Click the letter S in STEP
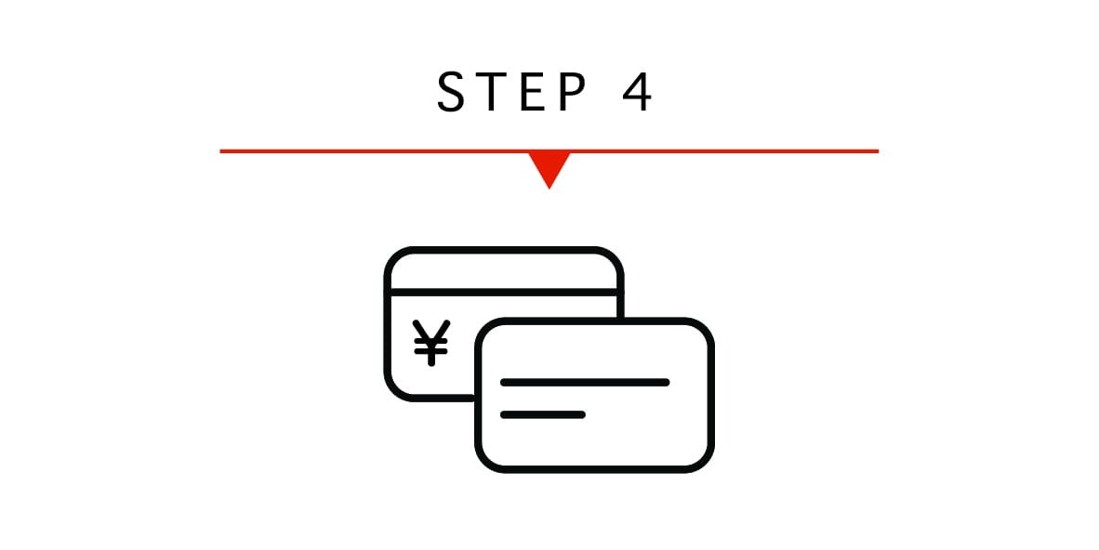[x=451, y=91]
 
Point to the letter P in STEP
[x=573, y=91]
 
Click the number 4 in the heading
[x=637, y=91]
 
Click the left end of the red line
[x=220, y=151]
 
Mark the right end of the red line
[x=879, y=151]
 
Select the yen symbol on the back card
[x=431, y=342]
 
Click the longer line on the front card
[x=585, y=383]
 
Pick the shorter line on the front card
[x=542, y=414]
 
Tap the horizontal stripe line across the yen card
[x=504, y=292]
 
